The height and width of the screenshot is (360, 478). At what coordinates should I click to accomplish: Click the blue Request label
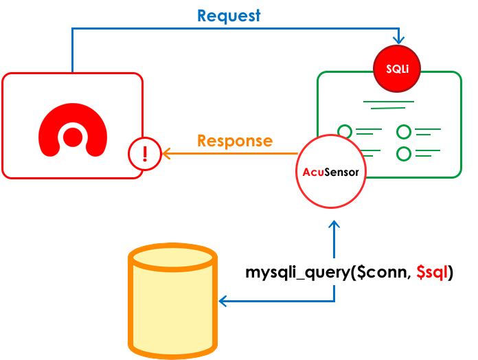(229, 16)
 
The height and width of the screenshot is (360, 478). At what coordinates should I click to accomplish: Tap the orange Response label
(234, 141)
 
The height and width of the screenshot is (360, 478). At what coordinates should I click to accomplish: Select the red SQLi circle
(396, 69)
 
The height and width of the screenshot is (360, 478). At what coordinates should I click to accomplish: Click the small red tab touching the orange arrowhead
(153, 153)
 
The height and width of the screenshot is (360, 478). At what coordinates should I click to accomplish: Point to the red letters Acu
(313, 172)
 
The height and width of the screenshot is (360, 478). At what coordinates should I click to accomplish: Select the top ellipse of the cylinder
(173, 257)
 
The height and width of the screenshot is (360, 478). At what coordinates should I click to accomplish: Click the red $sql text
(433, 273)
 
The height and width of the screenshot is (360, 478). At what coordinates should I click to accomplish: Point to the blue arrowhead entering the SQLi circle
(398, 41)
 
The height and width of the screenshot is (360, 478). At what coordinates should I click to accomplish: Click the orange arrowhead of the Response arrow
(164, 153)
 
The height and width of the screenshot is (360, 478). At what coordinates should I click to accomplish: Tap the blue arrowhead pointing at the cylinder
(222, 301)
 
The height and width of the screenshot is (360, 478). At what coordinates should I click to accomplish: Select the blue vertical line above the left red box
(72, 52)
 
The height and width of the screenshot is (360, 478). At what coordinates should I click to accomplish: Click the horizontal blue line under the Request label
(234, 28)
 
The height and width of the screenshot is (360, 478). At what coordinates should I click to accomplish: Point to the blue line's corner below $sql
(334, 301)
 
